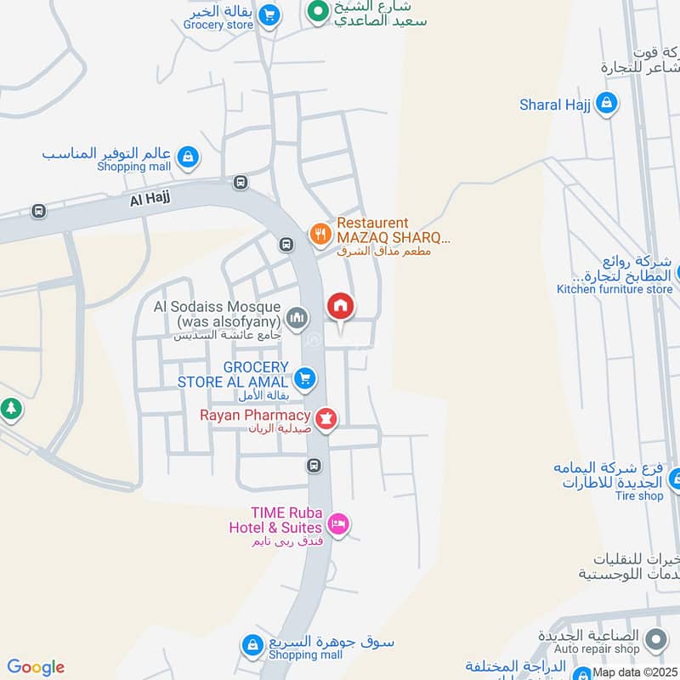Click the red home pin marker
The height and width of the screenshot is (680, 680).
(341, 306)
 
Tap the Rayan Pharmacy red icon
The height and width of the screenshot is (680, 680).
(326, 418)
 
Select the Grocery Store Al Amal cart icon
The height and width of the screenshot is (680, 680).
(306, 378)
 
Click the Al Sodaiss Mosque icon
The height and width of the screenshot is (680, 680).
(296, 319)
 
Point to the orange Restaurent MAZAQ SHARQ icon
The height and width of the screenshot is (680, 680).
(320, 234)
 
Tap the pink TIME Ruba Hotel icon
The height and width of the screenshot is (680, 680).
(338, 524)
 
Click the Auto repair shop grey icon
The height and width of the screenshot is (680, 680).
(655, 637)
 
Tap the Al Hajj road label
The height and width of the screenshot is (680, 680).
(150, 200)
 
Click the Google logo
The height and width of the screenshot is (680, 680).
(36, 667)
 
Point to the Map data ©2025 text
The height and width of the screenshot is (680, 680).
(635, 671)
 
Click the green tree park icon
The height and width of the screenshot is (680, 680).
(10, 409)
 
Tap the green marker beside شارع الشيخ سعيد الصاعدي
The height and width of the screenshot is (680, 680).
(317, 12)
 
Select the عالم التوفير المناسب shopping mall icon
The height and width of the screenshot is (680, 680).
(189, 156)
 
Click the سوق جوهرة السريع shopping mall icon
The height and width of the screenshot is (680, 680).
(252, 646)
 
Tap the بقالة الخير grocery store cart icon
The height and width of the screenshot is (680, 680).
(269, 15)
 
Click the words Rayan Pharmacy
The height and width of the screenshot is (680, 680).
(254, 415)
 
